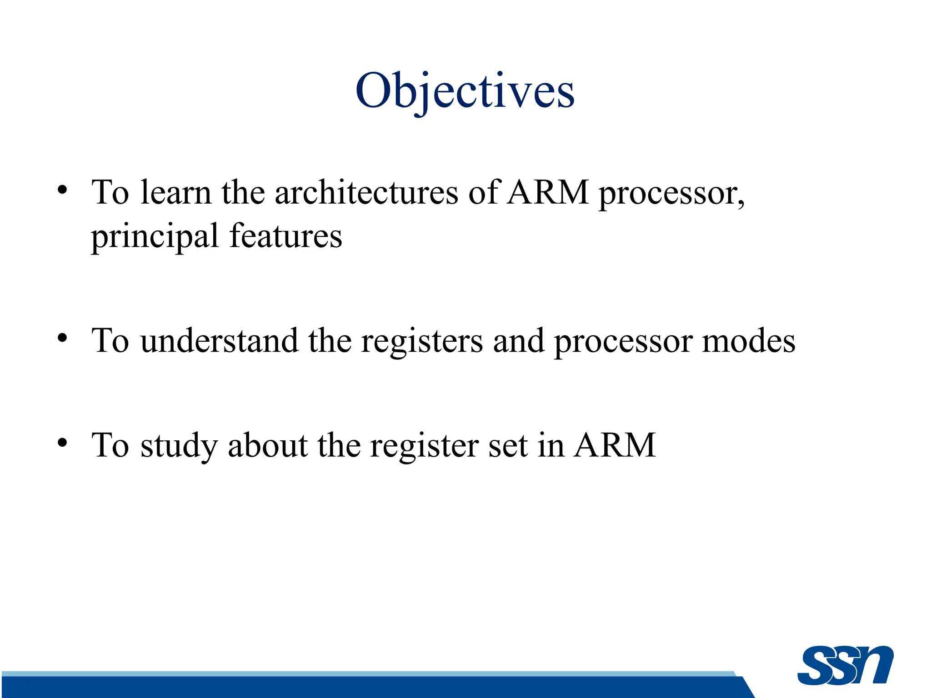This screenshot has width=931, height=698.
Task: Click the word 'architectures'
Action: pos(366,192)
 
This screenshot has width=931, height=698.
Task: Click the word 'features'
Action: pos(285,236)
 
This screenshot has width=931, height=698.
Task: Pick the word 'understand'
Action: pos(219,341)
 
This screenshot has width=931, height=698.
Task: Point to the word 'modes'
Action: pos(748,341)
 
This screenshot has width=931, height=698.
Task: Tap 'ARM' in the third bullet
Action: pos(615,445)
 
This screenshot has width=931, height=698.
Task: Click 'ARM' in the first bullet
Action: pos(548,192)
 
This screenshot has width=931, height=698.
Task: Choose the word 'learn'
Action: pos(176,192)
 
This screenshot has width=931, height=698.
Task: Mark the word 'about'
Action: pos(268,445)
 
